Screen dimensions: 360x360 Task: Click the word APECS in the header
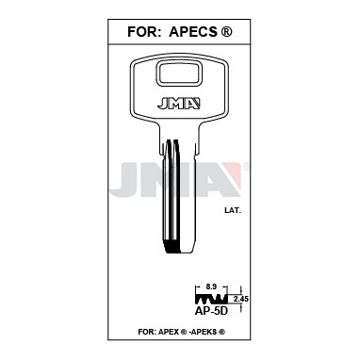[193, 32]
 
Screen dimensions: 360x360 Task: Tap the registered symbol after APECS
[227, 32]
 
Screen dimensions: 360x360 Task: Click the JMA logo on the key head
[179, 104]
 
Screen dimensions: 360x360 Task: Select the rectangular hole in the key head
[178, 74]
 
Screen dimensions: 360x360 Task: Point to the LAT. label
[233, 211]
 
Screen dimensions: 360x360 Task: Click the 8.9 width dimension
[211, 286]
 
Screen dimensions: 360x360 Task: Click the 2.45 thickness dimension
[241, 299]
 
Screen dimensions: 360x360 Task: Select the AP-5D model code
[211, 311]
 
